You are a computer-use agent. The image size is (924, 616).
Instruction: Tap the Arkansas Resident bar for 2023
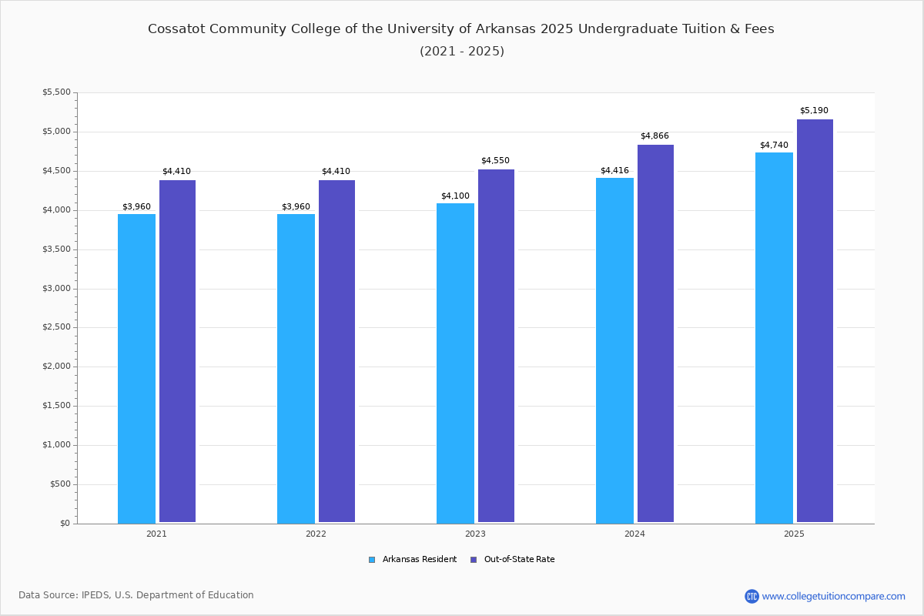455,363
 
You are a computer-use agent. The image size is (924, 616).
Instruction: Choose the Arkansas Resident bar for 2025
774,338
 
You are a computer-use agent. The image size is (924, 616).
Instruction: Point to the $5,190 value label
814,111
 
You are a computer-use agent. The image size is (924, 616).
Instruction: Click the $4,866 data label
654,136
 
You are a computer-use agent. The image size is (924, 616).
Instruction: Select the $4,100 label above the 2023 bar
455,196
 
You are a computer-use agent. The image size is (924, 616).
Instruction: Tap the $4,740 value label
774,146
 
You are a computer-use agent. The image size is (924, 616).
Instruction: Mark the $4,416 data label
614,171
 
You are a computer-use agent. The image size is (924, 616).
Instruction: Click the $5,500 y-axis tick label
55,92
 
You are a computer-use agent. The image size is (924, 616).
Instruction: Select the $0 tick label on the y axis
65,524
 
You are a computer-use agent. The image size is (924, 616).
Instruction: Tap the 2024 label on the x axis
634,534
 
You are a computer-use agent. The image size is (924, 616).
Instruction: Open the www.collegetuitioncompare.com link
833,596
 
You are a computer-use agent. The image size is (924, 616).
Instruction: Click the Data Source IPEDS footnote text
136,595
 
